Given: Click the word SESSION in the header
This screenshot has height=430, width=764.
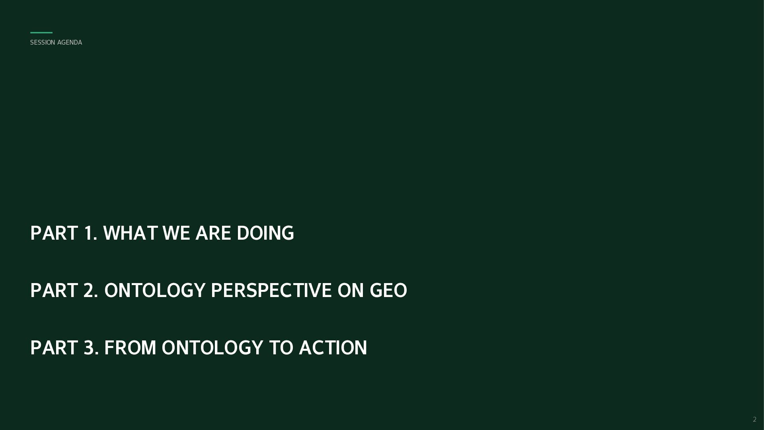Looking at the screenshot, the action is (43, 43).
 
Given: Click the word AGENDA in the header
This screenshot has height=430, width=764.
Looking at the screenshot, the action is (70, 43).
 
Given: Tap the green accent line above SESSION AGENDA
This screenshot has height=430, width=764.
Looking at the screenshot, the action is (41, 33).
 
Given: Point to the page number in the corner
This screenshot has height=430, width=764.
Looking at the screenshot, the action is (754, 419).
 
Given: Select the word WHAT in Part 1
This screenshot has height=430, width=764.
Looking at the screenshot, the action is (131, 233).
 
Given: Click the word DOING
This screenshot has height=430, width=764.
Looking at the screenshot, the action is (265, 233).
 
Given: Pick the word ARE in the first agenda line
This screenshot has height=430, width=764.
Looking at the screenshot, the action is (213, 233).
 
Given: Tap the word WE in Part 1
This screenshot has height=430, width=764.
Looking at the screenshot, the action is (176, 233).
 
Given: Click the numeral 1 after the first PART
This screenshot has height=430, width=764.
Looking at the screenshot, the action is (90, 233).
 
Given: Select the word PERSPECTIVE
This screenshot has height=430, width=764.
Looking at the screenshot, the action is (271, 291).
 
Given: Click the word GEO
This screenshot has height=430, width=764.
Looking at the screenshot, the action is (388, 291).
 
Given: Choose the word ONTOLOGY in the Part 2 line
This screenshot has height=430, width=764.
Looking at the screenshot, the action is (155, 291).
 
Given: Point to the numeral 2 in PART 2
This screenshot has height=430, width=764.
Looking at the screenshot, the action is (90, 291).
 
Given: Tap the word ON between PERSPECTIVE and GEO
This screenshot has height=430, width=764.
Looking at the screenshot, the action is (351, 291).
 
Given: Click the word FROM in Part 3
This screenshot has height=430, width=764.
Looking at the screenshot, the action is (130, 348).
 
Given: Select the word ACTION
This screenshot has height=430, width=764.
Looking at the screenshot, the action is (333, 348).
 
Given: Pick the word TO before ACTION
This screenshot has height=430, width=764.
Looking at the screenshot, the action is (281, 348).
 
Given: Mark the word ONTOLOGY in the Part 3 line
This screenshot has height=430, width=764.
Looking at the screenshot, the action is (212, 348).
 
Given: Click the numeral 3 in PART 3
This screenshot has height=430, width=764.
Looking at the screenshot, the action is (91, 348).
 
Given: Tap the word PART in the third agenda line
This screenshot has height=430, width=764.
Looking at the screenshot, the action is (54, 348).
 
